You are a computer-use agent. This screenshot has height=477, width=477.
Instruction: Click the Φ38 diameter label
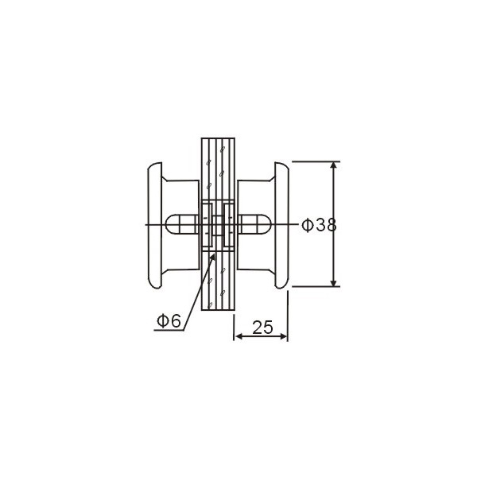point(319,226)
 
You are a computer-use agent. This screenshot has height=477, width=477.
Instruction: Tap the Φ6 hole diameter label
point(169,320)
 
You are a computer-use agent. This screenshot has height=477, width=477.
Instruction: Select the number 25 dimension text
point(263,328)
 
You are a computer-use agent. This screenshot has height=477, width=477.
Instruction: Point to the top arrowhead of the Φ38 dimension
point(334,165)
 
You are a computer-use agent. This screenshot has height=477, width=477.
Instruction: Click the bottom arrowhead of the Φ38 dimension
point(334,283)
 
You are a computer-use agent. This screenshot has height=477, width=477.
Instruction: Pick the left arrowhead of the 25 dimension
point(239,336)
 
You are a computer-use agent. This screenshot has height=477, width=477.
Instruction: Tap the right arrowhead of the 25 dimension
point(283,336)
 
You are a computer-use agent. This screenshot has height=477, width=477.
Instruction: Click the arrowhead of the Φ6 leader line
point(212,258)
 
